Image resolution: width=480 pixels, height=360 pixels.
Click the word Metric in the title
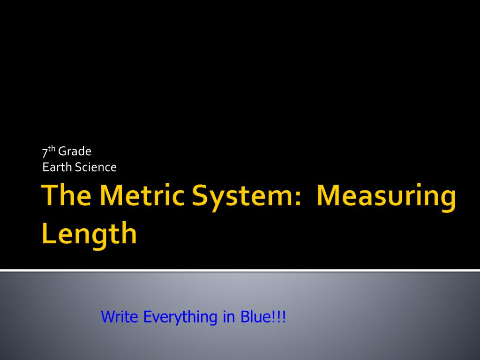[x=142, y=195]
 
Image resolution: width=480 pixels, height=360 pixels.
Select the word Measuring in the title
[x=386, y=197]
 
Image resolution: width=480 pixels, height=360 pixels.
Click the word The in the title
[x=66, y=195]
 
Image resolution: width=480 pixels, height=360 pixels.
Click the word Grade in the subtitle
[x=75, y=151]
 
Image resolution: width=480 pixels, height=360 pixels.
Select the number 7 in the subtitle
[x=45, y=152]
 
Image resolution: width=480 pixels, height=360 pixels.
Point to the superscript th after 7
[x=52, y=149]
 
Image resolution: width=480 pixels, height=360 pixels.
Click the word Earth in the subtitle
[x=58, y=167]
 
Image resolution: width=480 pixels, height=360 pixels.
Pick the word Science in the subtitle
[x=96, y=167]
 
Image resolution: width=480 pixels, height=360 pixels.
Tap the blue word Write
[x=120, y=316]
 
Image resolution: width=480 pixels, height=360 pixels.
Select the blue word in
[x=229, y=316]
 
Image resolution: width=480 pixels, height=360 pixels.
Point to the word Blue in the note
[x=256, y=316]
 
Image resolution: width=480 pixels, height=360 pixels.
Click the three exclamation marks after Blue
[x=279, y=316]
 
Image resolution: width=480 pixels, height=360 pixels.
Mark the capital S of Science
[x=78, y=167]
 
